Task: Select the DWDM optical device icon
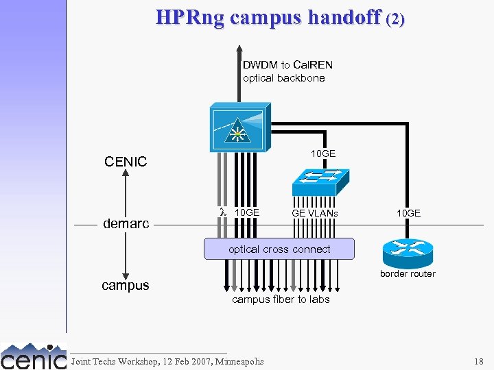point(239,127)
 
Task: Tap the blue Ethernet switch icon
point(320,180)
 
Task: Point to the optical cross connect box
point(279,249)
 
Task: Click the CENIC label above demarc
point(126,162)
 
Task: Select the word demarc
point(126,224)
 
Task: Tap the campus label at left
point(126,285)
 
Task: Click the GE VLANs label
point(315,214)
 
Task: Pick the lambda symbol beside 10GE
point(222,212)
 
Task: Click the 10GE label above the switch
point(323,153)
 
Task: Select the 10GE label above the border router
point(408,214)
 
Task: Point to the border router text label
point(408,274)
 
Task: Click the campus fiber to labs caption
point(281,299)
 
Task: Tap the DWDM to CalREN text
point(287,65)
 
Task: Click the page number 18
point(478,361)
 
